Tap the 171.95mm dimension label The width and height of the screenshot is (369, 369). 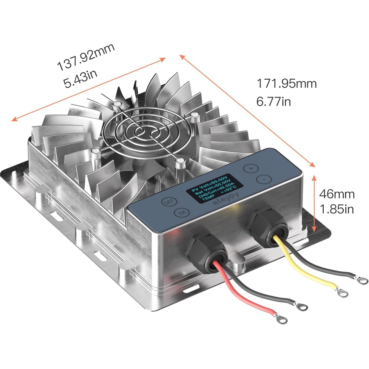(x=286, y=83)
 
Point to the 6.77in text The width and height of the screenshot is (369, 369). (x=274, y=102)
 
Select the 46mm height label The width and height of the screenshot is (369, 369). (x=337, y=194)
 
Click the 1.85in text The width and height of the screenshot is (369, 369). (x=337, y=209)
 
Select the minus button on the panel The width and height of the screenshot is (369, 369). (x=264, y=179)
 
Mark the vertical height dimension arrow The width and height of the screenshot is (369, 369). (x=314, y=204)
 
